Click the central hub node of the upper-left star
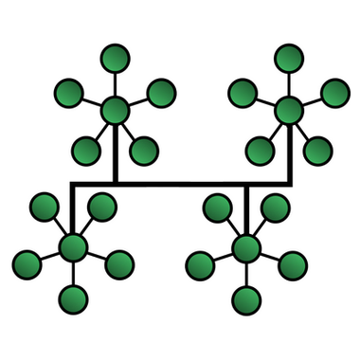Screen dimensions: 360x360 [x=114, y=109]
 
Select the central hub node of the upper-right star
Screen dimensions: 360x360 [x=289, y=109]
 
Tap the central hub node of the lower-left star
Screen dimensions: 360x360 [x=72, y=248]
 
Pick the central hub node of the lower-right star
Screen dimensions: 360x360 [x=246, y=248]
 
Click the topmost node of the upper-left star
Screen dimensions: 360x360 [x=114, y=58]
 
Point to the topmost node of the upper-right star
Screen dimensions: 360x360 [x=289, y=58]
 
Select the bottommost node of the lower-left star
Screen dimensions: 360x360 [x=72, y=300]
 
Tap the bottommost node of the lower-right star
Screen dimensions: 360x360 [x=246, y=300]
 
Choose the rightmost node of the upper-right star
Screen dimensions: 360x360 [x=334, y=93]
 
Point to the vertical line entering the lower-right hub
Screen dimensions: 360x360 [x=246, y=208]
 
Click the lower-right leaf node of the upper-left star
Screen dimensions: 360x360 [x=143, y=149]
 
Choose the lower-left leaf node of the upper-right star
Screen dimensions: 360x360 [x=260, y=149]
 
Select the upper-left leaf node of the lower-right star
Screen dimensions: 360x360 [x=217, y=207]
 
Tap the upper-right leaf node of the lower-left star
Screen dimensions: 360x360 [x=101, y=207]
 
